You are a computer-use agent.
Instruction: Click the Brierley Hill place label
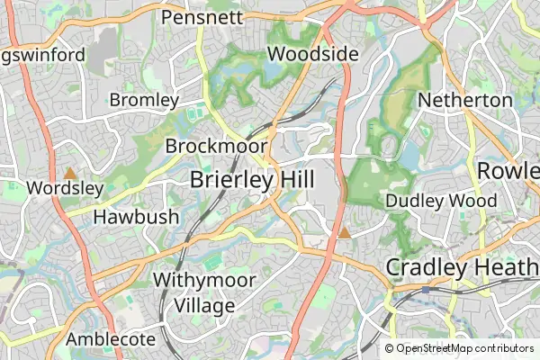252,180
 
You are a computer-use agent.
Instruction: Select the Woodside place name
313,54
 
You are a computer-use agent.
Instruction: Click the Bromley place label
144,100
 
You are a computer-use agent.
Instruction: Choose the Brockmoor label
216,146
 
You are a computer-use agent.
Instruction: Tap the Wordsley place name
66,189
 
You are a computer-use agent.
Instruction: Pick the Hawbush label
137,217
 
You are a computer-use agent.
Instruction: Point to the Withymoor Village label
203,292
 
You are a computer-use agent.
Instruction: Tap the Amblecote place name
111,340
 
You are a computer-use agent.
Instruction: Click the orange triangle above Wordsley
70,172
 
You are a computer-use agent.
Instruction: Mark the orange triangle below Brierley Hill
344,233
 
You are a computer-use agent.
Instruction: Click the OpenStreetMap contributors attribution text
464,348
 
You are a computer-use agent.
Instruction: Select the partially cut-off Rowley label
508,170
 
